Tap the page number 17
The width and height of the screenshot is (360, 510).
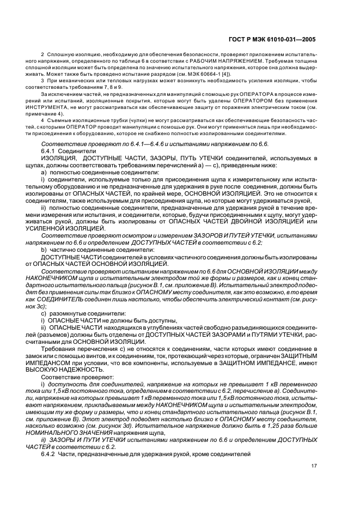pyautogui.click(x=314, y=466)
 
